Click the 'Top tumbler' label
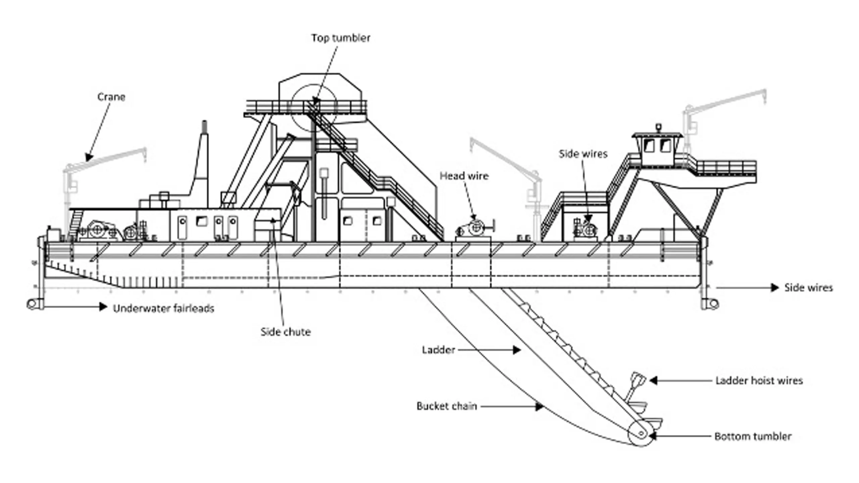point(341,38)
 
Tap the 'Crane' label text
point(111,97)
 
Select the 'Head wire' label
point(464,176)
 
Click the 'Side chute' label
point(286,332)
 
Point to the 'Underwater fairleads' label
point(163,309)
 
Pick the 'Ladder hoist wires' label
point(759,381)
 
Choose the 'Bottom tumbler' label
point(753,436)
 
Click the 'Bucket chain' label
point(447,406)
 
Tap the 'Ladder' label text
point(438,350)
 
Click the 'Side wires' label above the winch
point(583,154)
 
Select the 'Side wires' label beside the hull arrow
point(808,288)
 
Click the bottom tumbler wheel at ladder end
point(641,434)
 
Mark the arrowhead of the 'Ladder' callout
point(517,350)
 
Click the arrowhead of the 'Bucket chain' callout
point(539,407)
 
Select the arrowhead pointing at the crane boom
point(89,157)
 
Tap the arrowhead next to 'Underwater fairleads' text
point(103,307)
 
